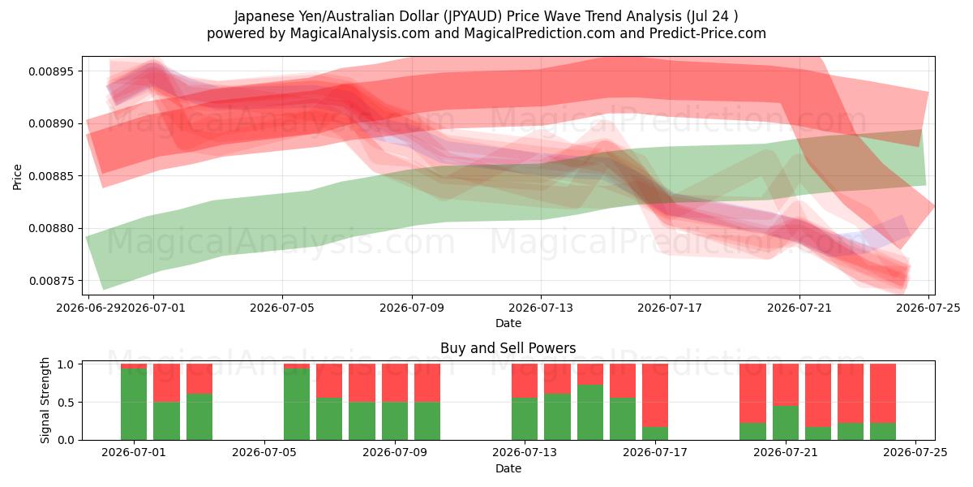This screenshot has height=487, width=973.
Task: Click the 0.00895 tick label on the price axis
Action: [x=51, y=71]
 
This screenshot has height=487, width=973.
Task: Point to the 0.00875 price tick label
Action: [x=51, y=281]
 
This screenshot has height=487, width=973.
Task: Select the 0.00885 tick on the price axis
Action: [x=51, y=176]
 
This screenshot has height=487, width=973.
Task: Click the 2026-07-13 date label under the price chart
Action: [x=540, y=308]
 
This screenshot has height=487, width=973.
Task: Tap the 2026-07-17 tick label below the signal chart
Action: [x=655, y=452]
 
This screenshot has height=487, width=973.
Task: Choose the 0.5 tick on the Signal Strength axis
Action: [x=66, y=403]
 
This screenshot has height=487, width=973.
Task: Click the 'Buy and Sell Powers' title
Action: [x=508, y=348]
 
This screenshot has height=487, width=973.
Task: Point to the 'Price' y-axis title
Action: [x=17, y=177]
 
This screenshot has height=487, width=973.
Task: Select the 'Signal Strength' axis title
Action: [x=45, y=400]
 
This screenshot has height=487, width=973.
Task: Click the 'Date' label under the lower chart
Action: [x=508, y=468]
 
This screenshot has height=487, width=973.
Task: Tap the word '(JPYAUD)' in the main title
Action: [x=473, y=16]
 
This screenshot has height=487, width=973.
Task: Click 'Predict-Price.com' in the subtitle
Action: [x=708, y=33]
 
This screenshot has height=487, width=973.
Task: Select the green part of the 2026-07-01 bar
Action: [x=134, y=404]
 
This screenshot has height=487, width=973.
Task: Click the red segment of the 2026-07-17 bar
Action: [x=655, y=395]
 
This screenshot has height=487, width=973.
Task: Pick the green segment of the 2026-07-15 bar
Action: [x=590, y=412]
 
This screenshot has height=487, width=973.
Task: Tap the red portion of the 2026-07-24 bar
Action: [x=883, y=393]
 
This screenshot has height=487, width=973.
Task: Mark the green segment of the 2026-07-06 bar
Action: [x=297, y=404]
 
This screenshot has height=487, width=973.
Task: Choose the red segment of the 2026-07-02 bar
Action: [x=166, y=382]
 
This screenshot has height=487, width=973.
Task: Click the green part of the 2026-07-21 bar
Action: [x=786, y=423]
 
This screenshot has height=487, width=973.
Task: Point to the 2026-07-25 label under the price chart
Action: [x=928, y=308]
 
